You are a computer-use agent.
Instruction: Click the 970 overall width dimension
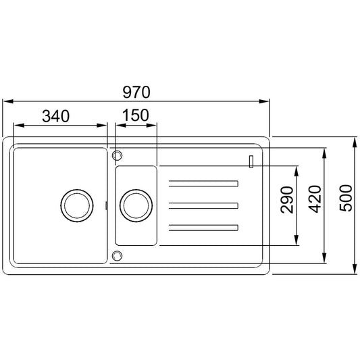(x=136, y=93)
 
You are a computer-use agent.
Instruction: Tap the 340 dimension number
(x=56, y=116)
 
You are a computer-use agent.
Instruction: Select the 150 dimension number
(x=136, y=115)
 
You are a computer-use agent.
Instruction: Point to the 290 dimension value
(x=287, y=200)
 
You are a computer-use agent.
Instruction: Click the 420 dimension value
(x=315, y=199)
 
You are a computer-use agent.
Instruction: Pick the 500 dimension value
(x=346, y=198)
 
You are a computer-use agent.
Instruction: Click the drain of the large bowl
(x=77, y=206)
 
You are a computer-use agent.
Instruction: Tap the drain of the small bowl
(x=136, y=206)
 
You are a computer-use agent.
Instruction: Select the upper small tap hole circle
(x=117, y=155)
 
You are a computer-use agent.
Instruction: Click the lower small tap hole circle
(x=117, y=256)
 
